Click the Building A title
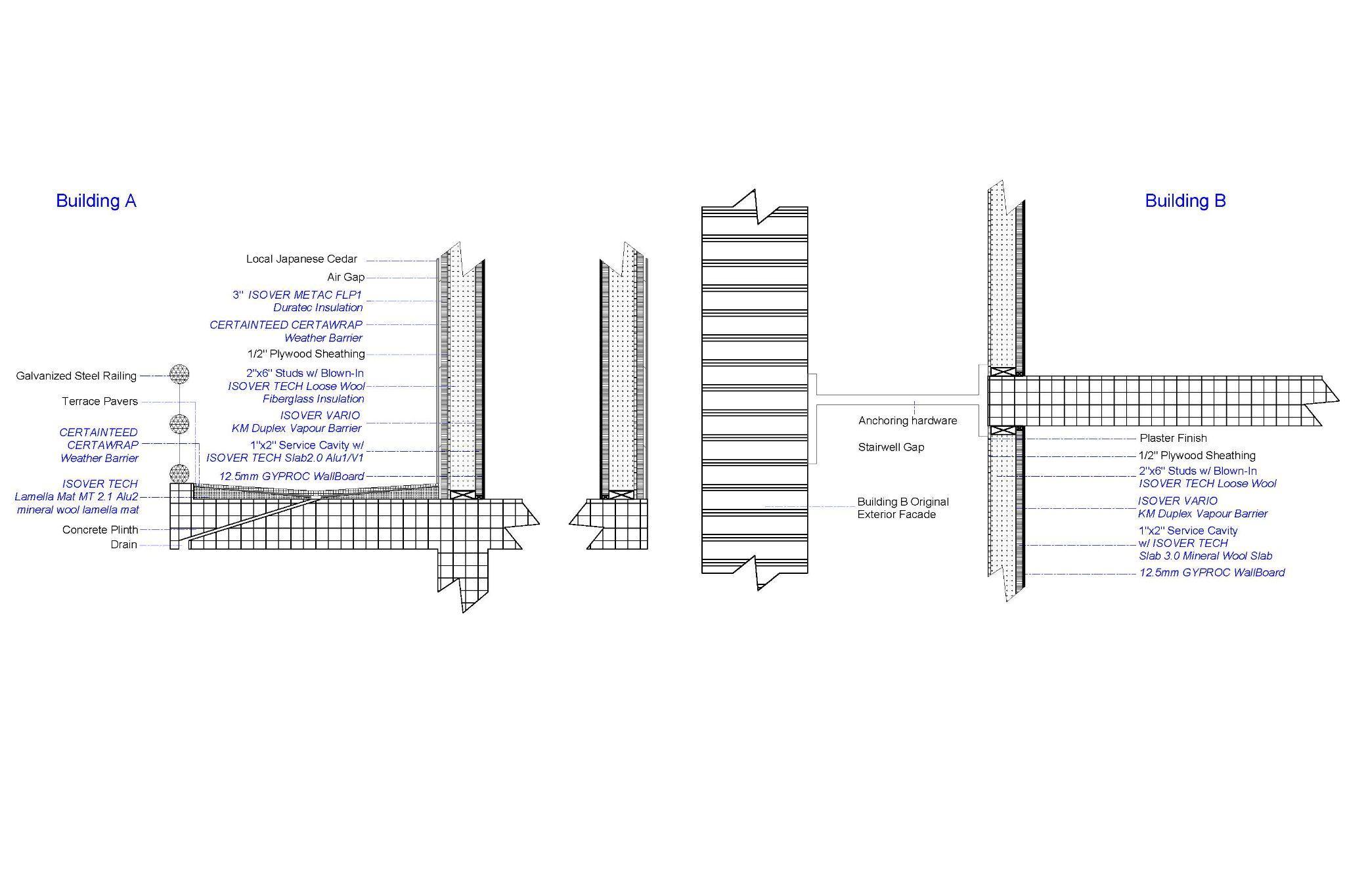(96, 200)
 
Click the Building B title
(1185, 200)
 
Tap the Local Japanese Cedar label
(301, 259)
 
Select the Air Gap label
(345, 277)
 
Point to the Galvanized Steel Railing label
(76, 376)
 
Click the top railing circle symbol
(179, 374)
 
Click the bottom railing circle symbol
(179, 473)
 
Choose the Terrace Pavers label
(100, 401)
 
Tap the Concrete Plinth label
(100, 529)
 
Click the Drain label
(123, 544)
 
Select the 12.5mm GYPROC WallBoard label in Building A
(292, 476)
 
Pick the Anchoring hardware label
(907, 420)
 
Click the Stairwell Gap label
(891, 447)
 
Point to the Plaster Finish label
(1173, 438)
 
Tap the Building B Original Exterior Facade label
(902, 508)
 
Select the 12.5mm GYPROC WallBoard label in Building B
(1212, 573)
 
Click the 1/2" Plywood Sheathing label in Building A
(305, 354)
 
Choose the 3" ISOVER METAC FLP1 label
(297, 295)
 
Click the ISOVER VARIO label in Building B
(1178, 501)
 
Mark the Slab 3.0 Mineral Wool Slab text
(1205, 555)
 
